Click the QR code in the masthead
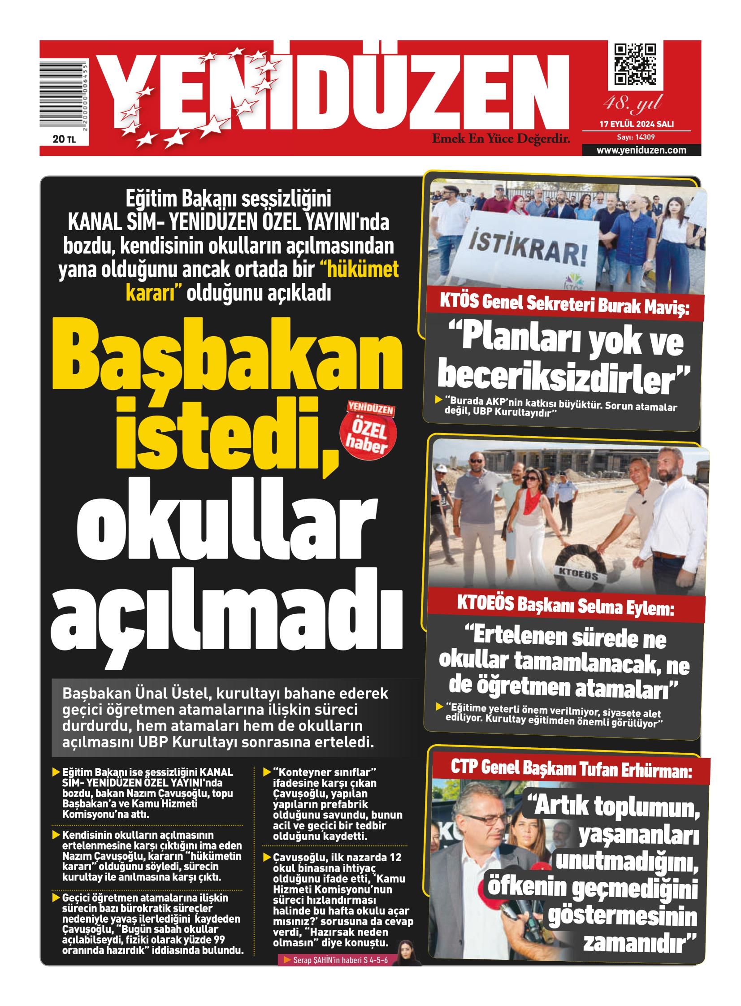[635, 65]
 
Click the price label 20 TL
[64, 139]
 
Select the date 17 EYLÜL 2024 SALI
[637, 124]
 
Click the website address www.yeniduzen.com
[641, 150]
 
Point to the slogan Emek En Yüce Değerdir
[501, 139]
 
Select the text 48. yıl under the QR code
[633, 104]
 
